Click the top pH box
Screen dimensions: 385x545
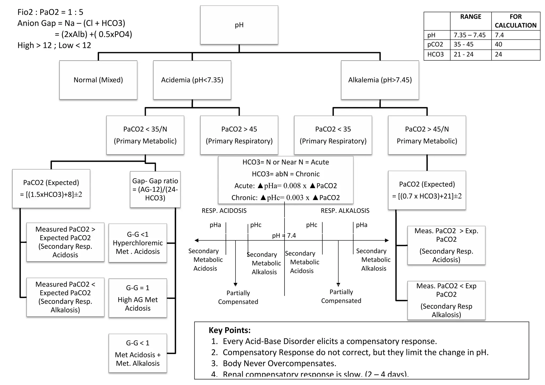239,25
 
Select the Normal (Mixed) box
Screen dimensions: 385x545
98,80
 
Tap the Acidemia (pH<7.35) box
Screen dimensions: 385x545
192,80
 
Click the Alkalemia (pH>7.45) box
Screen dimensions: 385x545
380,80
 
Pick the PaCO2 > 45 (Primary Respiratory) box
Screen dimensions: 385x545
239,135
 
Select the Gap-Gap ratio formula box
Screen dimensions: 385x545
155,189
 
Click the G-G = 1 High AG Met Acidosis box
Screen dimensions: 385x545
138,298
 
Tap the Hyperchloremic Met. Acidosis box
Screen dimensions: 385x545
138,243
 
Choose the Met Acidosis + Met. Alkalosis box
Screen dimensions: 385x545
138,353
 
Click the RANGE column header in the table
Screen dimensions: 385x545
470,17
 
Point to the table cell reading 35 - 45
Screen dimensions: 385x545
464,44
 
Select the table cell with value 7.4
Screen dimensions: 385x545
499,35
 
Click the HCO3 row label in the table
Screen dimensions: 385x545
435,55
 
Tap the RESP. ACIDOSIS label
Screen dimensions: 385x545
224,211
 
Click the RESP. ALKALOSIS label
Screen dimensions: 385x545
345,211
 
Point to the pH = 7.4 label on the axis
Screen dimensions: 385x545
284,235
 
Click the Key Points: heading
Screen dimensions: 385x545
229,330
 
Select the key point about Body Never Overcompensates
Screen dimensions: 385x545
279,363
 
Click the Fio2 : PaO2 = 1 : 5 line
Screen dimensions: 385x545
50,12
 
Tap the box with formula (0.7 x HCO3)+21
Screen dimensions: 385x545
427,190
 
